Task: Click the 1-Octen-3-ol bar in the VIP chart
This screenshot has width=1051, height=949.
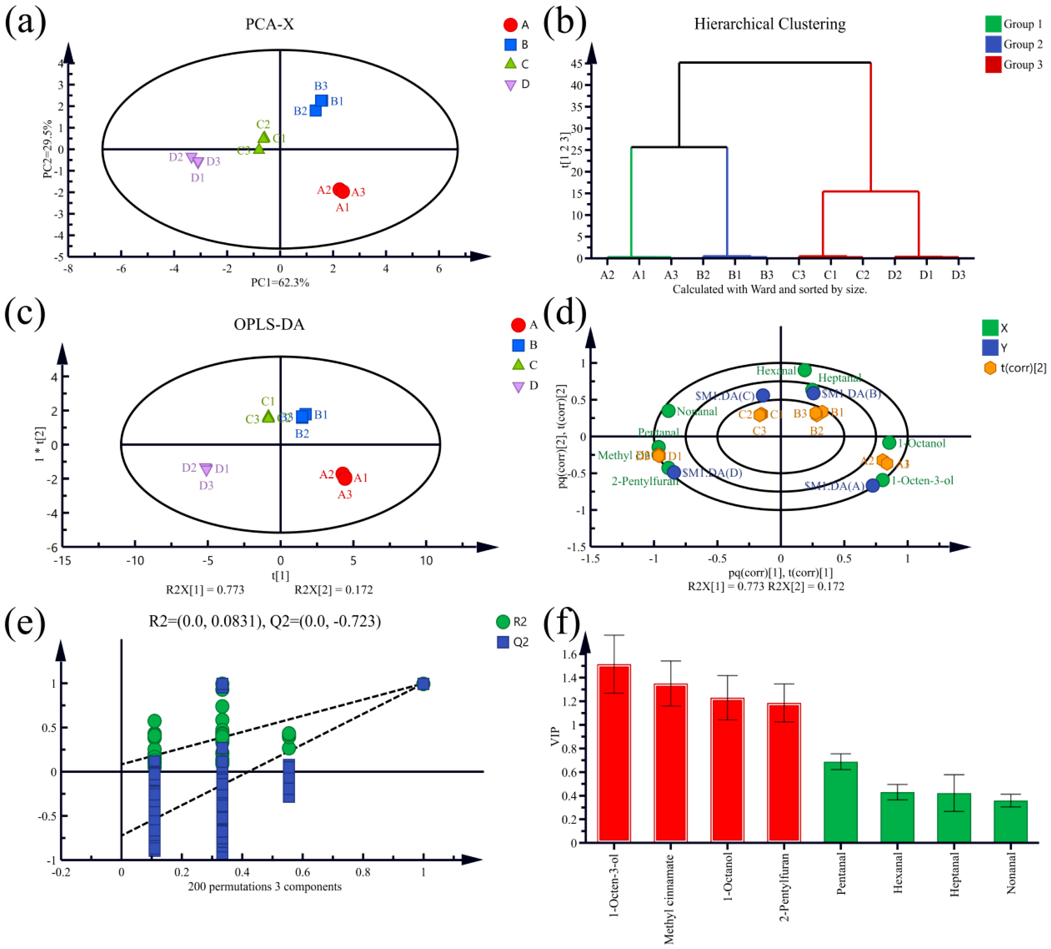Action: (614, 753)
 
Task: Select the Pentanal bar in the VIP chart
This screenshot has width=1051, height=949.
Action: (840, 802)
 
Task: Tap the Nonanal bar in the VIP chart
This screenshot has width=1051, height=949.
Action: (1010, 821)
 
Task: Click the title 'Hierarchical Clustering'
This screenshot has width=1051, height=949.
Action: (769, 24)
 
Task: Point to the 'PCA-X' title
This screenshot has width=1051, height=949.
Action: (270, 24)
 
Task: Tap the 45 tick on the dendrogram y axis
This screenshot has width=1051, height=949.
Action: (576, 64)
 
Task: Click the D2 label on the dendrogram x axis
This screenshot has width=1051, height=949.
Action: (895, 275)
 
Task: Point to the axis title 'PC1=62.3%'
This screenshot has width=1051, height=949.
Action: (280, 283)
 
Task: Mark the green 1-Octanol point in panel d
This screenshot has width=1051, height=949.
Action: (889, 443)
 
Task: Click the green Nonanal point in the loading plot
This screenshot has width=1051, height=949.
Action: (668, 411)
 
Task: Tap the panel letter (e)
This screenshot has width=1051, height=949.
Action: (25, 622)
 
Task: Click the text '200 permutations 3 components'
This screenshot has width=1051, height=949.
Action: (265, 886)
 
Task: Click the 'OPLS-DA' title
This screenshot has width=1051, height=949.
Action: (269, 324)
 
